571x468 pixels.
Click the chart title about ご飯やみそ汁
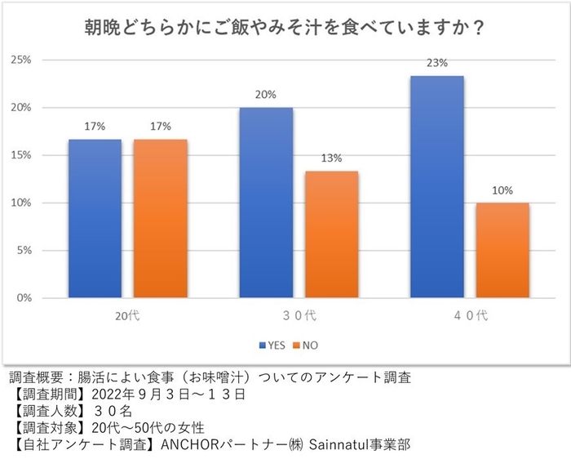click(285, 28)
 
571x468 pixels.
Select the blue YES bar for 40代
click(437, 187)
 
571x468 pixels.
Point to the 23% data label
click(437, 62)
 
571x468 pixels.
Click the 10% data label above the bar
click(502, 190)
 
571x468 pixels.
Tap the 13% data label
click(331, 158)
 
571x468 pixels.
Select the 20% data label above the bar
click(266, 94)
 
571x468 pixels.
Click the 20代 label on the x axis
click(127, 315)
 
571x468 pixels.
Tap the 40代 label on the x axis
click(470, 315)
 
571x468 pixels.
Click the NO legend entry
click(307, 345)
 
